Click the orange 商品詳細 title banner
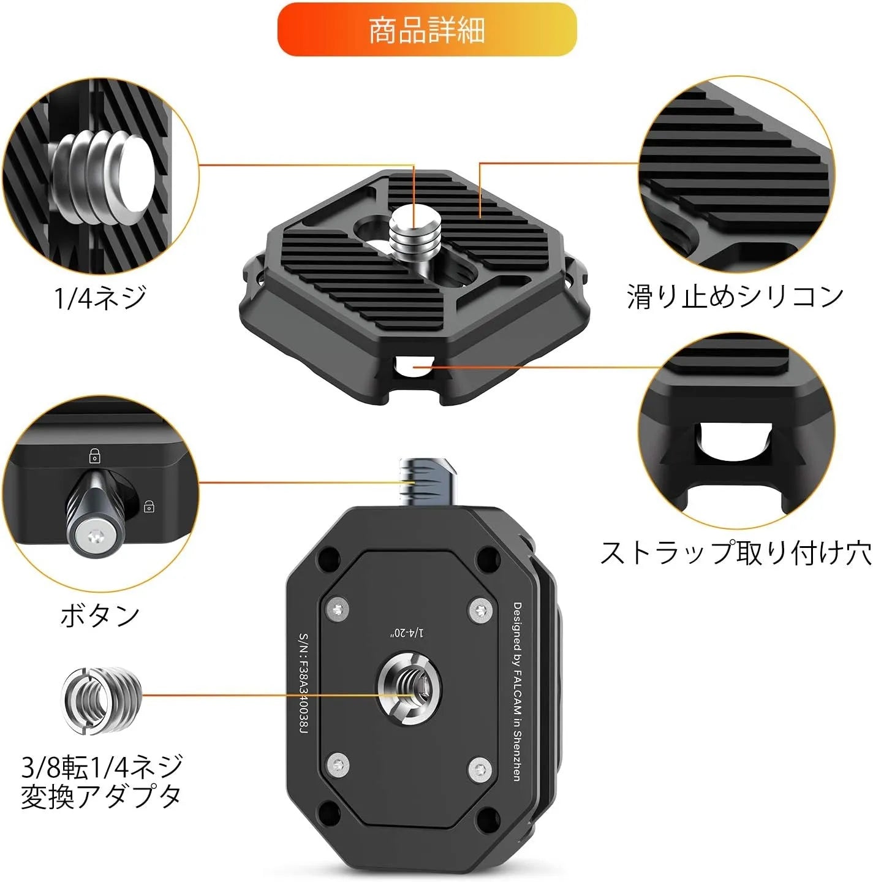coord(426,30)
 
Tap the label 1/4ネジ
coord(100,297)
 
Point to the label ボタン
coord(100,615)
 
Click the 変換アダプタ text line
coord(101,796)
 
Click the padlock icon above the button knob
coord(95,455)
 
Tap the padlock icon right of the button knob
coord(149,506)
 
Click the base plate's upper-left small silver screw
coord(337,609)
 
